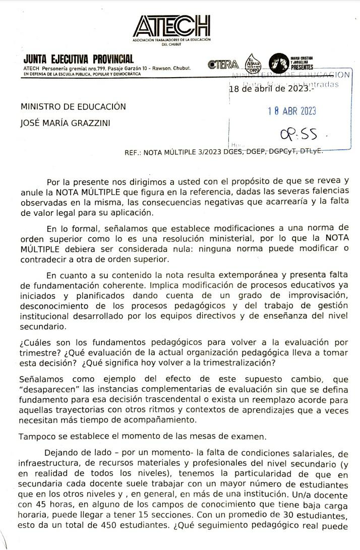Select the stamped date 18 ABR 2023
[x=292, y=111]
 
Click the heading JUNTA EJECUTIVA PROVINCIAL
[x=79, y=59]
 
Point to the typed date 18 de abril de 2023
[x=270, y=89]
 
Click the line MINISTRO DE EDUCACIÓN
[x=73, y=106]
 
